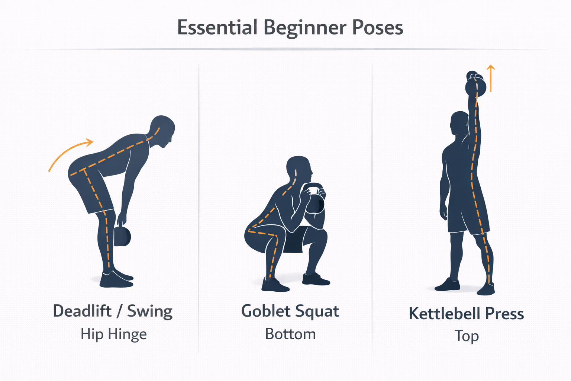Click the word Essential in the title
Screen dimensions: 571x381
pos(217,27)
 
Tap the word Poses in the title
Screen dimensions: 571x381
pos(378,28)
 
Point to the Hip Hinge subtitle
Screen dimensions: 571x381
pos(114,334)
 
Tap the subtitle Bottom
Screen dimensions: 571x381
pos(290,334)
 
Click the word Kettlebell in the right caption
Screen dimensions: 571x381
pos(444,313)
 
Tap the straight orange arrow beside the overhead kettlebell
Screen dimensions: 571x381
pos(491,78)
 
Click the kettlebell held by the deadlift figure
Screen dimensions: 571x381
pos(122,236)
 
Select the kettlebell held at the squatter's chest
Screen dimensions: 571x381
pos(315,198)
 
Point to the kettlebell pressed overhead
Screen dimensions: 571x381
pos(476,84)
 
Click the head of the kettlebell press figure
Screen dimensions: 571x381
pos(459,124)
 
